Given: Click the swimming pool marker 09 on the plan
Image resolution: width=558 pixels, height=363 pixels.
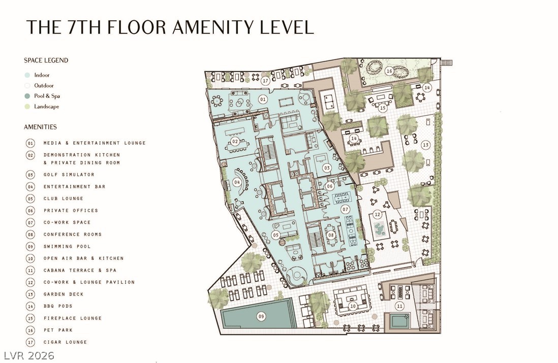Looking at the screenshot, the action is pos(261,316).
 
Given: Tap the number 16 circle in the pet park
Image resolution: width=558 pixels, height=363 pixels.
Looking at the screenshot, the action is pos(389,71).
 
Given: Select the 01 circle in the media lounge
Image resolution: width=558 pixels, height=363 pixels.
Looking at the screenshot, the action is pos(263,99).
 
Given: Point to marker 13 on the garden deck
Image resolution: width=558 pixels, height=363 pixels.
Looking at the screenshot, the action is pos(425,145).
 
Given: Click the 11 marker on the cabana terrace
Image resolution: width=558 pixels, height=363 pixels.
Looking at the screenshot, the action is pos(399,306).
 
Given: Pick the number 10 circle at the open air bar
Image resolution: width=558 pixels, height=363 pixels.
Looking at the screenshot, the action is pos(353,306).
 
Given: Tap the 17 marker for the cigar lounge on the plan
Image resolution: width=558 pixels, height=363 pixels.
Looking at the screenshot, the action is pos(265,81).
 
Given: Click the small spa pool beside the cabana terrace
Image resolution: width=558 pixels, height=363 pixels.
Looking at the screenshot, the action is pos(400,321).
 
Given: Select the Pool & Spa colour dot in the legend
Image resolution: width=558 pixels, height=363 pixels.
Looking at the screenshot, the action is pos(27,96).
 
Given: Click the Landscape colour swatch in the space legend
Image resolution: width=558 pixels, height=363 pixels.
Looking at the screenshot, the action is pos(27,106).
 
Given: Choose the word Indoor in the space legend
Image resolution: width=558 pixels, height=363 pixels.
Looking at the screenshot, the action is pos(42,75).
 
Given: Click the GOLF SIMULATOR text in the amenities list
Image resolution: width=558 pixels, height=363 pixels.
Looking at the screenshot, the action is pos(69,175).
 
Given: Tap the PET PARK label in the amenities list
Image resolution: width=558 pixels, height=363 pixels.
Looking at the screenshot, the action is pos(58,330).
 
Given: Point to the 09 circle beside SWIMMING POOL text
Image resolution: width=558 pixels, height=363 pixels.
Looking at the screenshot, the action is pos(30,246).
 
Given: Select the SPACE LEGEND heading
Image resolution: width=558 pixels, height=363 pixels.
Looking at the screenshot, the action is pos(46,60).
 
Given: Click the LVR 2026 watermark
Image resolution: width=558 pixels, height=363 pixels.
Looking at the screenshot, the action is pos(29,355).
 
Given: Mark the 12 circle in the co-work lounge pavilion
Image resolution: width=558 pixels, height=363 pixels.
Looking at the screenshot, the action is pos(377,214).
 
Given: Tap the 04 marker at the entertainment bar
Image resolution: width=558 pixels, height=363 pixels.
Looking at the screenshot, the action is pos(237,182).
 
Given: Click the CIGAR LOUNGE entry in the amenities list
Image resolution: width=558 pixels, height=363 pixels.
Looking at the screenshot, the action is pos(65,342).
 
